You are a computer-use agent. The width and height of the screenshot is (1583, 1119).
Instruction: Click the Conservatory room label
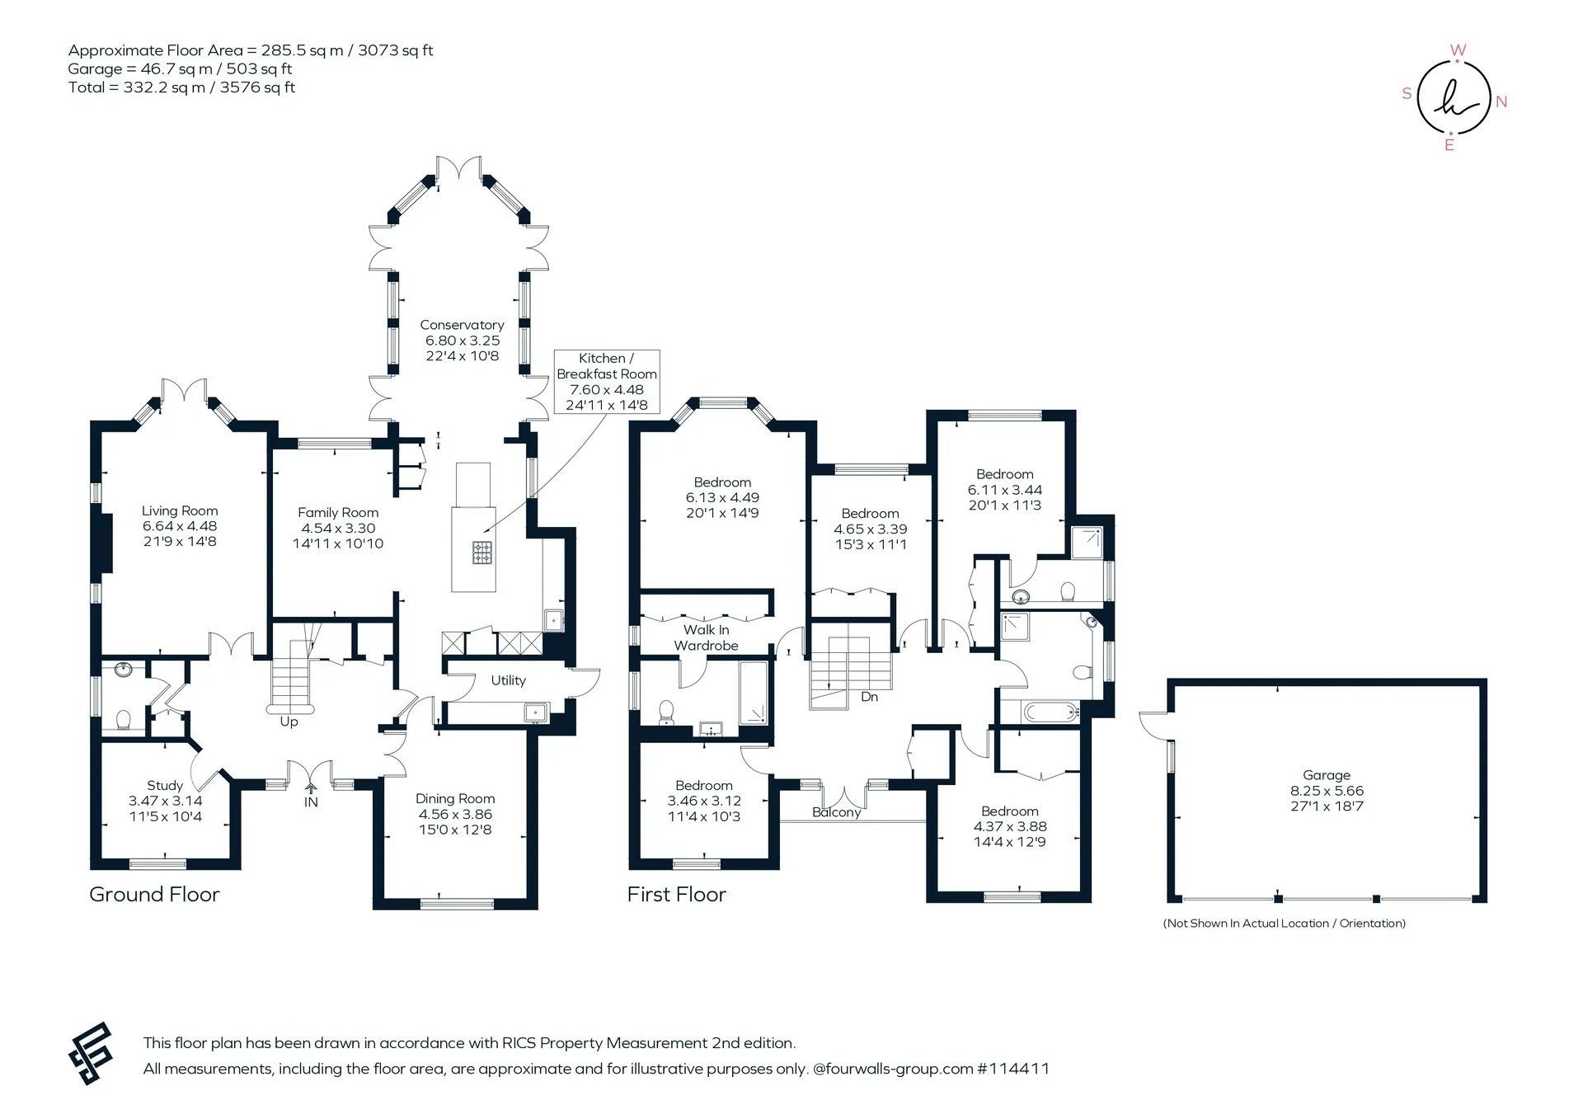pos(462,325)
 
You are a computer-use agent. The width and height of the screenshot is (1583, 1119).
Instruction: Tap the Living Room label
pos(180,510)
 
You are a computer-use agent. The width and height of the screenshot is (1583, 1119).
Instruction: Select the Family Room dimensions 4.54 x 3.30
pos(338,528)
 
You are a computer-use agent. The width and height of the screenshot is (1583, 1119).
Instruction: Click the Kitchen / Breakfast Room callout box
pos(607,381)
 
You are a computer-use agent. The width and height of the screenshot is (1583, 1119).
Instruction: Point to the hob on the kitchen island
pos(482,552)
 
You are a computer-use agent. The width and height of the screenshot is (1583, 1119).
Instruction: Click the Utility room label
pos(508,680)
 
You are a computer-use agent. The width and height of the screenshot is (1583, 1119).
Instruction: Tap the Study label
pos(165,785)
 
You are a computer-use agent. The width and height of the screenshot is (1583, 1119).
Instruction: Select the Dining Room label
pos(455,798)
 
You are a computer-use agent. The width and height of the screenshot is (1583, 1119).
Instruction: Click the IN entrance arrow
pos(311,789)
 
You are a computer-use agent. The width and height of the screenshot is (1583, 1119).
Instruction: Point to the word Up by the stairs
pos(289,722)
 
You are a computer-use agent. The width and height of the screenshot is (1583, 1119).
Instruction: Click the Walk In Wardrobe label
pos(706,637)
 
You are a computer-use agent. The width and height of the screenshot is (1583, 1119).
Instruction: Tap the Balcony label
pos(836,812)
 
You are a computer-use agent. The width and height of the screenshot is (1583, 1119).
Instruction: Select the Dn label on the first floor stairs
pos(869,697)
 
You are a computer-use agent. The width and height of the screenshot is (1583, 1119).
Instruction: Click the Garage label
pos(1327,775)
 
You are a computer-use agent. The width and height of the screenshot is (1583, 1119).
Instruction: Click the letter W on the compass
pos(1458,50)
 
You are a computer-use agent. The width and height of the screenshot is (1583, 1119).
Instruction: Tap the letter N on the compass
pos(1501,101)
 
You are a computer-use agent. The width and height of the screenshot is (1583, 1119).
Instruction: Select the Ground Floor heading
pos(154,895)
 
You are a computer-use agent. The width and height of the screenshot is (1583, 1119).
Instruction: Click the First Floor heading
pos(676,895)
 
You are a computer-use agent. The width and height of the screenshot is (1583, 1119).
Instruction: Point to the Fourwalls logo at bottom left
pos(90,1053)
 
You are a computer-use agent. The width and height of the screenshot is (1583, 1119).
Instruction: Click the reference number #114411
pos(1013,1069)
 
